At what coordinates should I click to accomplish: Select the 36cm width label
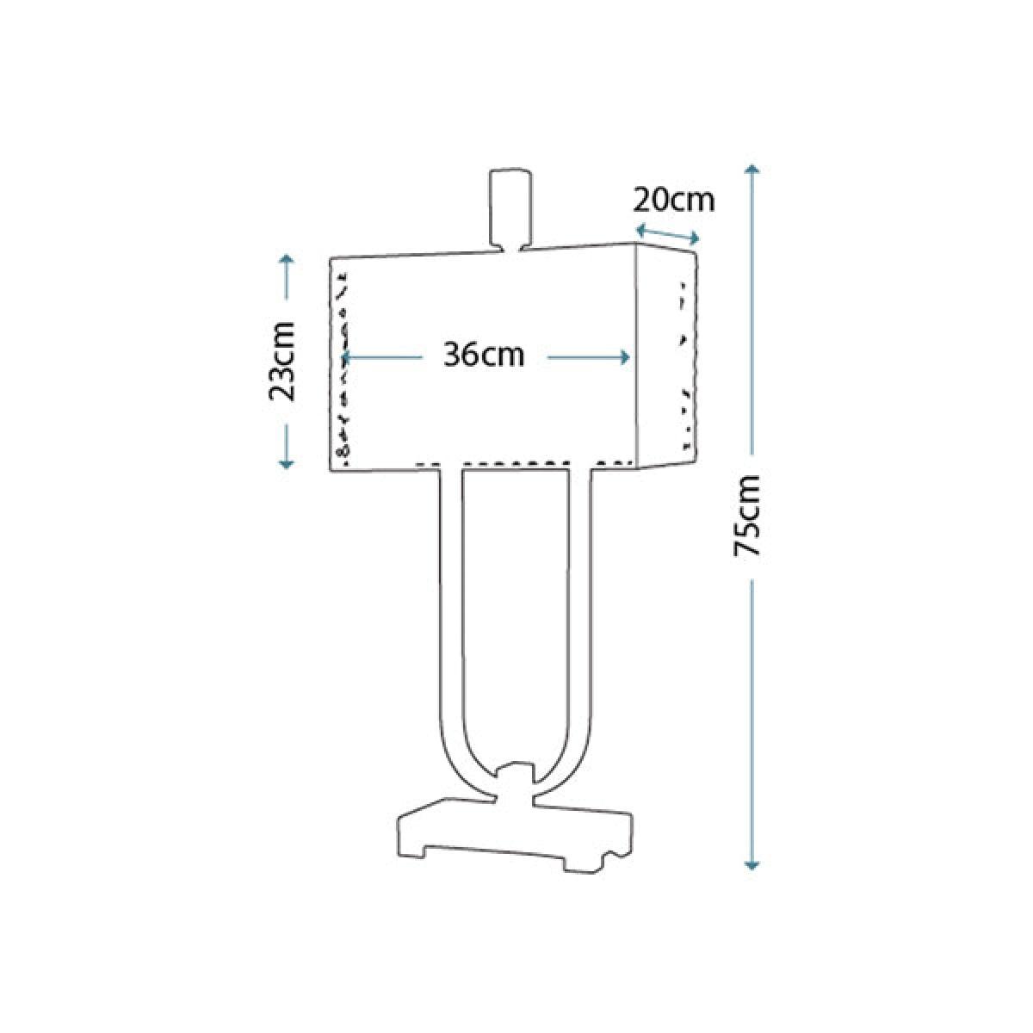pos(484,356)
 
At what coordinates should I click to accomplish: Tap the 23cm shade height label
pos(281,362)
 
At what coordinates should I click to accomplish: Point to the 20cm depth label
pos(674,201)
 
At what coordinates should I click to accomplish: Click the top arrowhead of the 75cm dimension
pos(752,170)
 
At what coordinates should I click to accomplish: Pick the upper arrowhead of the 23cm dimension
pos(287,259)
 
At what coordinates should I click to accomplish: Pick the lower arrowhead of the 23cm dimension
pos(287,464)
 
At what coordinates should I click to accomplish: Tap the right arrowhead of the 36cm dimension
pos(624,357)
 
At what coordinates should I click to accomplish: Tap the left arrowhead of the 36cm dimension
pos(347,357)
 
